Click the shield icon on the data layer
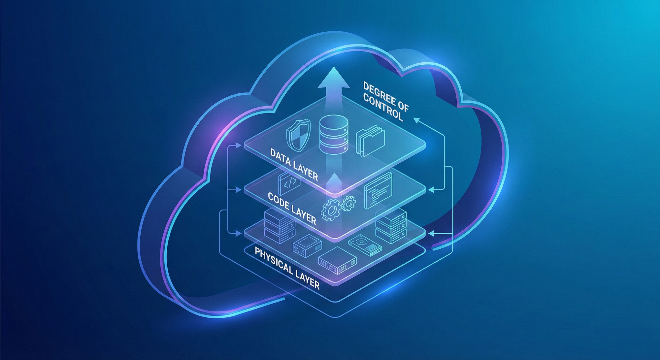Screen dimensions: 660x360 298,135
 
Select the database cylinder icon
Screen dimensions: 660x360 334,134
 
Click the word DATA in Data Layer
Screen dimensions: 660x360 280,157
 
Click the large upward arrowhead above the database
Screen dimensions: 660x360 334,78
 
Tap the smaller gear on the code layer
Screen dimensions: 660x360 348,203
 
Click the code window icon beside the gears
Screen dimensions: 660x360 378,190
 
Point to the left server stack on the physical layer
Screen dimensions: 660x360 279,226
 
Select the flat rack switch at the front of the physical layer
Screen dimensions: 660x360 337,261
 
